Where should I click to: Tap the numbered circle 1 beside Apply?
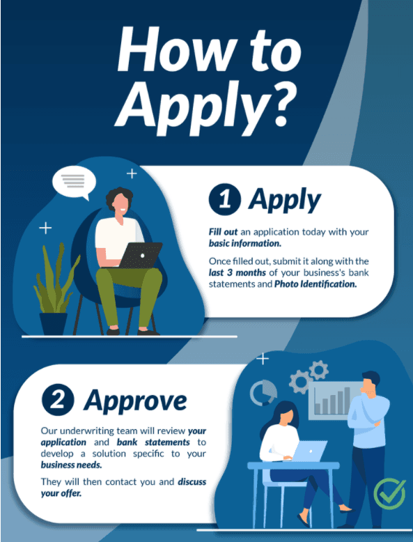tap(225, 199)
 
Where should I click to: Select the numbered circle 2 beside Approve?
tap(58, 400)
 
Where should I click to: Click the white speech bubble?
tap(74, 182)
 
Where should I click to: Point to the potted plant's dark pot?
tap(54, 324)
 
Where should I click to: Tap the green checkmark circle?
tap(389, 494)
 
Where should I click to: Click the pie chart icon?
tap(263, 393)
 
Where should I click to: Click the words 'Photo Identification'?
tap(315, 284)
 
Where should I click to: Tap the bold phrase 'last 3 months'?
tap(237, 272)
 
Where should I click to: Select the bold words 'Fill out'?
tap(223, 231)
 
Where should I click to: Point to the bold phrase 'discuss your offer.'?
tap(123, 487)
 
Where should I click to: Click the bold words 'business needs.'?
tap(72, 465)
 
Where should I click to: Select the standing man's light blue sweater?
tap(368, 420)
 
